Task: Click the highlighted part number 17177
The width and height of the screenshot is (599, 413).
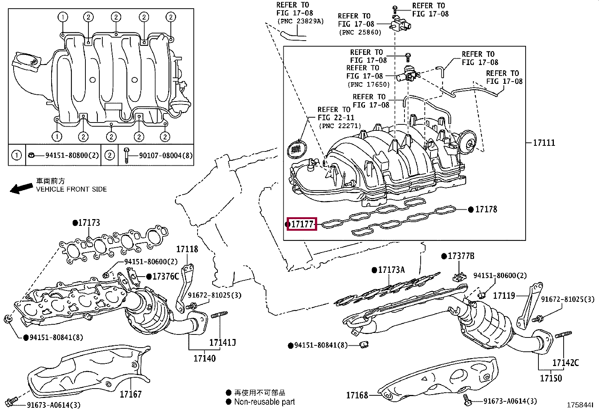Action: pyautogui.click(x=302, y=224)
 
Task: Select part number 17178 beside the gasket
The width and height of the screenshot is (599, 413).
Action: pyautogui.click(x=486, y=209)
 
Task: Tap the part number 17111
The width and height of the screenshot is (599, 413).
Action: pyautogui.click(x=544, y=143)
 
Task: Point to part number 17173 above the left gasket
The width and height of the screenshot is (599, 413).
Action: pyautogui.click(x=89, y=222)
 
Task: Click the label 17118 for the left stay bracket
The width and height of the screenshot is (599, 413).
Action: pyautogui.click(x=187, y=249)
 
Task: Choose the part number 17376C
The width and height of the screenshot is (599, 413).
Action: pyautogui.click(x=166, y=276)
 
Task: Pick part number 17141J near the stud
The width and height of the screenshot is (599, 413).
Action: pyautogui.click(x=222, y=342)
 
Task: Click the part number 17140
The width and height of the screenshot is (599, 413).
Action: pyautogui.click(x=205, y=358)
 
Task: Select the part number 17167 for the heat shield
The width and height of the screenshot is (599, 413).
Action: pyautogui.click(x=131, y=394)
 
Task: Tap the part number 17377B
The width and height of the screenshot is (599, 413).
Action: pyautogui.click(x=461, y=256)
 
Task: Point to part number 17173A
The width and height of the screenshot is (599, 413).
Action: pyautogui.click(x=391, y=270)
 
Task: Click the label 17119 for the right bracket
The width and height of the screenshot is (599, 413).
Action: pyautogui.click(x=504, y=295)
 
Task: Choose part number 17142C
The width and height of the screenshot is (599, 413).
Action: pyautogui.click(x=566, y=363)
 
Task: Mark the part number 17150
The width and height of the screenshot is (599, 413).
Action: pyautogui.click(x=551, y=378)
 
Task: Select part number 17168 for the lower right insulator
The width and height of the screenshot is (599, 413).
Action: pyautogui.click(x=357, y=395)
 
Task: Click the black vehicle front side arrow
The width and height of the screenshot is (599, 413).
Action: pyautogui.click(x=21, y=189)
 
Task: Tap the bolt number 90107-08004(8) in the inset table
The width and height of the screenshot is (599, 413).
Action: pyautogui.click(x=166, y=156)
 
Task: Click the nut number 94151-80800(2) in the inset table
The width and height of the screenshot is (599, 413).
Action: pyautogui.click(x=72, y=155)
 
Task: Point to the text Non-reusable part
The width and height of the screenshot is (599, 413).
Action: pyautogui.click(x=264, y=401)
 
